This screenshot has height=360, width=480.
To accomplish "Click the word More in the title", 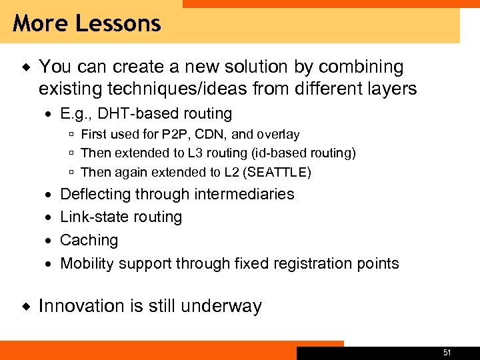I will tap(41, 24).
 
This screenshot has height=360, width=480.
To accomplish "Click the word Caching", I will tap(89, 240).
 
